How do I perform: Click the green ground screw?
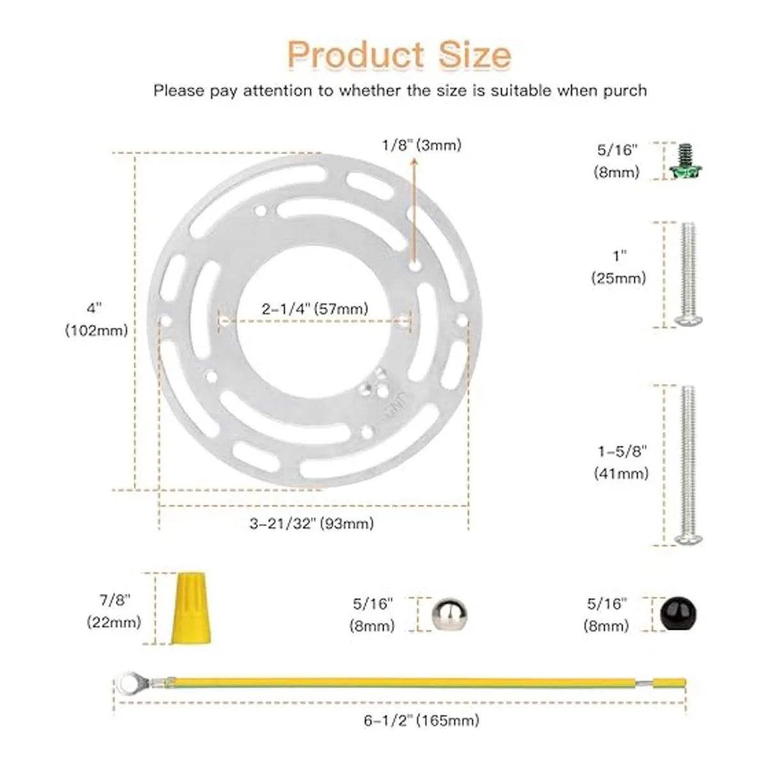pyautogui.click(x=685, y=162)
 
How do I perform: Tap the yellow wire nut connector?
pyautogui.click(x=191, y=608)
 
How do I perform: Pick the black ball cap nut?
pyautogui.click(x=678, y=614)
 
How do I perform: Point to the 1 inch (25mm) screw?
pyautogui.click(x=688, y=274)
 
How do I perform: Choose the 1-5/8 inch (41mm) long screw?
pyautogui.click(x=688, y=465)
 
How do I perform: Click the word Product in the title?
pyautogui.click(x=355, y=54)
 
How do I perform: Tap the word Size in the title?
pyautogui.click(x=475, y=54)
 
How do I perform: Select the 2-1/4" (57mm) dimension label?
pyautogui.click(x=315, y=309)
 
